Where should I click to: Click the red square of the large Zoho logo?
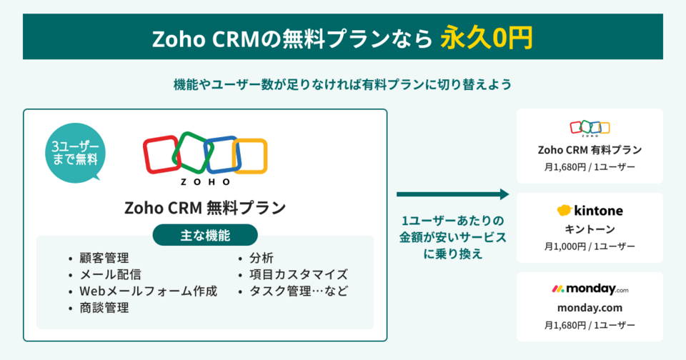[x=161, y=155]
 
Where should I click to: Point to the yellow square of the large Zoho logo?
[x=249, y=156]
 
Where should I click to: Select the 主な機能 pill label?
[x=205, y=234]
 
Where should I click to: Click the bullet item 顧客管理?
[x=104, y=258]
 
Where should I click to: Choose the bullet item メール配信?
[x=109, y=274]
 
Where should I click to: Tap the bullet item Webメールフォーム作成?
[x=148, y=291]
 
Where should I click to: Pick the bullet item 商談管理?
[x=104, y=308]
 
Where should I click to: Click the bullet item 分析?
[x=261, y=258]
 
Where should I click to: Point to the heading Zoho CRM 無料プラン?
[x=205, y=208]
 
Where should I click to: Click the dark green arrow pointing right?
[x=452, y=194]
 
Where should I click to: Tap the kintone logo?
[x=590, y=211]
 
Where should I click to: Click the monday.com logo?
[x=590, y=289]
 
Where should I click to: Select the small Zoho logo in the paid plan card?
[x=590, y=129]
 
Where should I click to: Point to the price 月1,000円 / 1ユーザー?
[x=590, y=246]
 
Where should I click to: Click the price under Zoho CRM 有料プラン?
[x=590, y=167]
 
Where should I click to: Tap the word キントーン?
[x=590, y=229]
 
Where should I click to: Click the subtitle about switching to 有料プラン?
[x=343, y=84]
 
